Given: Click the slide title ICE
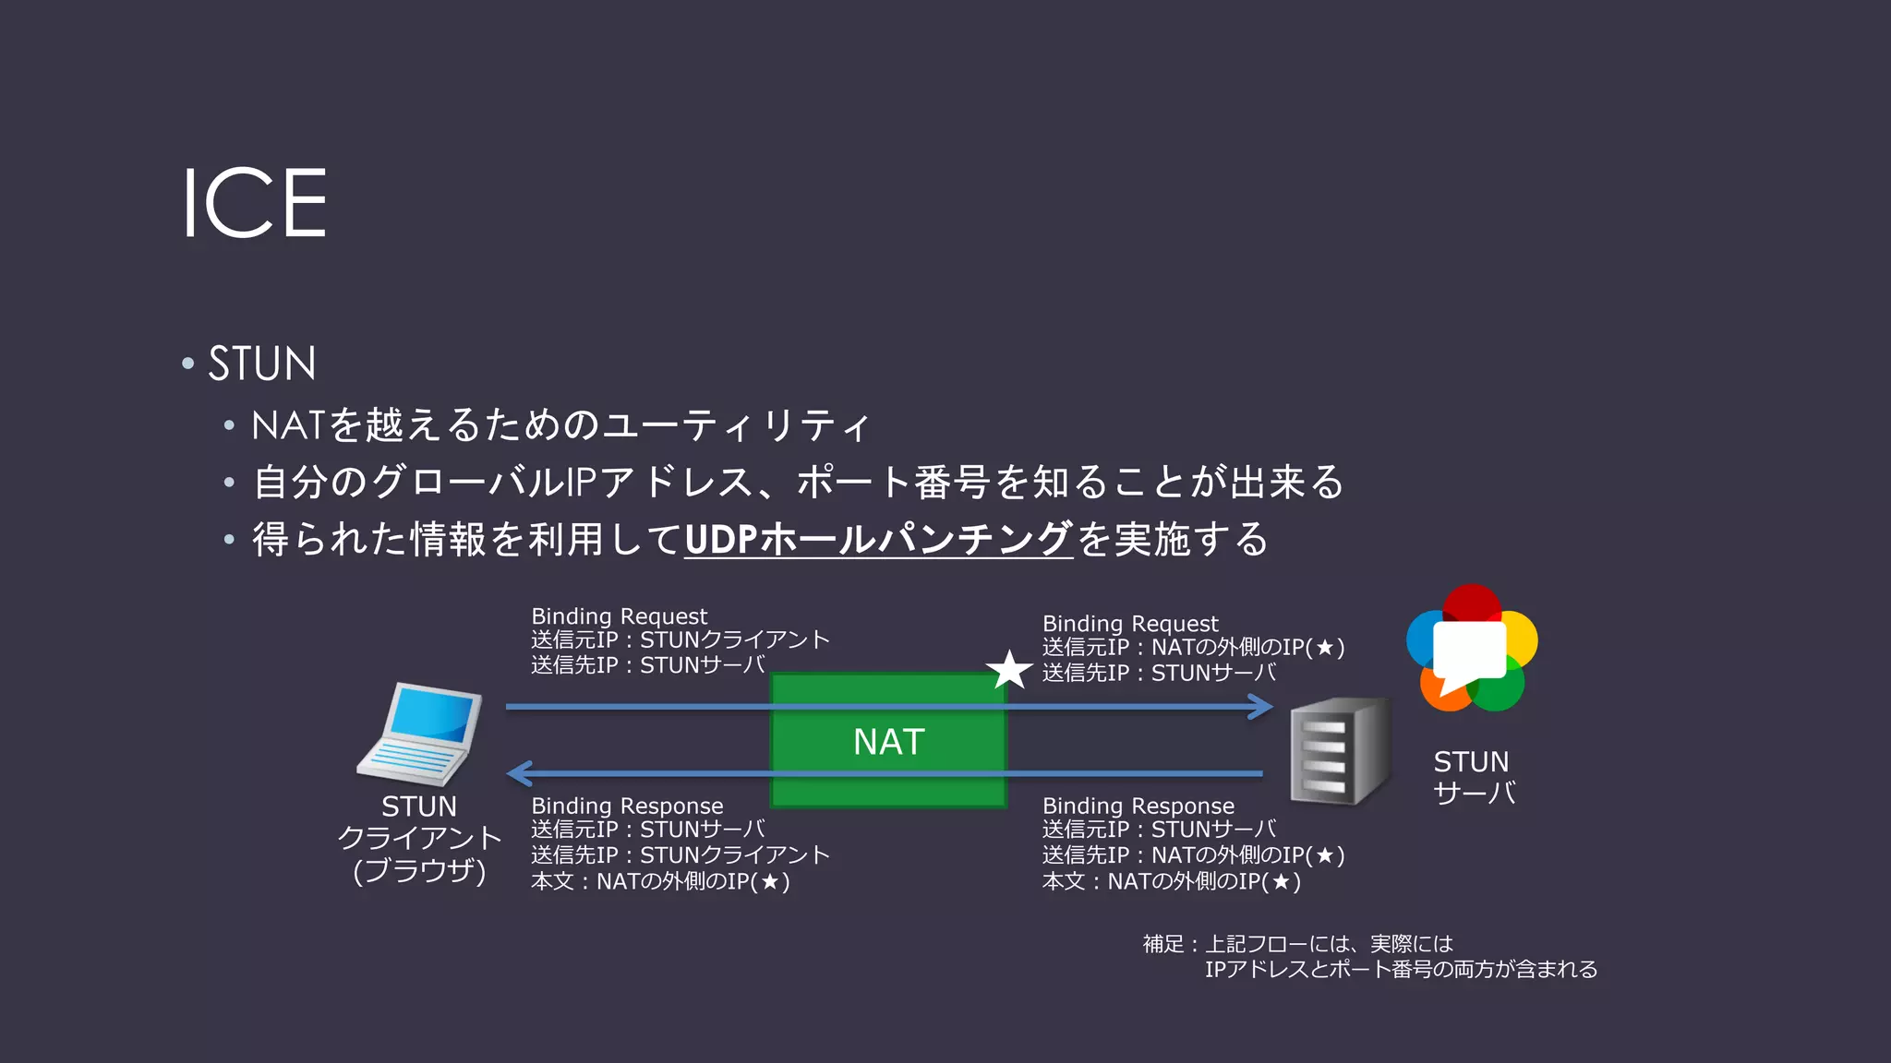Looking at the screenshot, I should click(x=254, y=203).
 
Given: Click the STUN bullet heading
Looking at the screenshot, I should click(x=261, y=363).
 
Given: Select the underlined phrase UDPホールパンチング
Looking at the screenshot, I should click(x=877, y=539).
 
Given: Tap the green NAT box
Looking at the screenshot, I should click(x=888, y=741).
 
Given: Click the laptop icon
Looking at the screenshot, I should click(x=421, y=734).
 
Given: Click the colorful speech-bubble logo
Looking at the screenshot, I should click(x=1472, y=649).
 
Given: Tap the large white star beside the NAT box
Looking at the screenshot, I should click(x=1009, y=671).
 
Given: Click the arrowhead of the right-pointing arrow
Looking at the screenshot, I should click(x=1262, y=707).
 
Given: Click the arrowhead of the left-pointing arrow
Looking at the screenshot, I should click(x=520, y=773).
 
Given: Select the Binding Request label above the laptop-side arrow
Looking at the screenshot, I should click(x=619, y=616).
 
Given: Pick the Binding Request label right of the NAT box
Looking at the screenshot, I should click(x=1130, y=624).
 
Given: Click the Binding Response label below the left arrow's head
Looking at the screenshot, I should click(x=627, y=806).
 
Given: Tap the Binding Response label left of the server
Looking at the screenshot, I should click(x=1138, y=806).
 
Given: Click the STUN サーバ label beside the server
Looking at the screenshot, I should click(x=1474, y=777).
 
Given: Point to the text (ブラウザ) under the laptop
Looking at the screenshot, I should click(x=419, y=870).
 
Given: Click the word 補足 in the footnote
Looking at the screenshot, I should click(x=1162, y=944).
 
